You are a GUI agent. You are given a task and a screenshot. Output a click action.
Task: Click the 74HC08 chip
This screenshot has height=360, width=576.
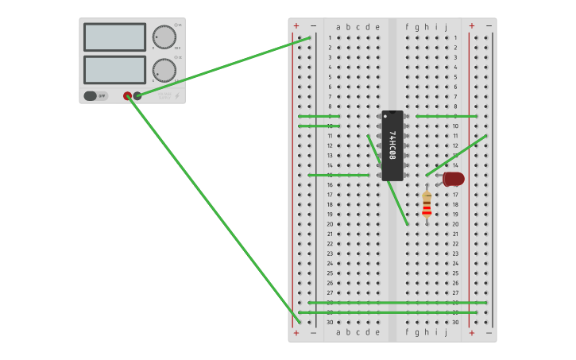pyautogui.click(x=392, y=145)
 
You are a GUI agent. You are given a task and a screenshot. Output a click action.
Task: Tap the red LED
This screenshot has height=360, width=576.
pyautogui.click(x=453, y=179)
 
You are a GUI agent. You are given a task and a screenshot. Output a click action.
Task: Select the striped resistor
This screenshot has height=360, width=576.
pyautogui.click(x=427, y=205)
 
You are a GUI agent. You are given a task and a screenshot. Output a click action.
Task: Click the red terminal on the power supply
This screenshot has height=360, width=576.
pyautogui.click(x=127, y=96)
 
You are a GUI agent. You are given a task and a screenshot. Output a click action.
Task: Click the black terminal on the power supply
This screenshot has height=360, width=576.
pyautogui.click(x=137, y=96)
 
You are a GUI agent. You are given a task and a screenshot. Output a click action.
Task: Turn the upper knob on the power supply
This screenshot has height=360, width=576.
pyautogui.click(x=164, y=37)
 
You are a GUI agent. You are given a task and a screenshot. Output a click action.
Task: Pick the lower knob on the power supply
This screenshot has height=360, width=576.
pyautogui.click(x=164, y=71)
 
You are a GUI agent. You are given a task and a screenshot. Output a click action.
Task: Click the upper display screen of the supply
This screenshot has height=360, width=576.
pyautogui.click(x=114, y=37)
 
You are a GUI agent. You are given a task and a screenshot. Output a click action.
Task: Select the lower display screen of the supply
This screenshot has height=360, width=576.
pyautogui.click(x=114, y=69)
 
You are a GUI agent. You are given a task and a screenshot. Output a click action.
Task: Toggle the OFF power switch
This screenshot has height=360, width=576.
pyautogui.click(x=95, y=96)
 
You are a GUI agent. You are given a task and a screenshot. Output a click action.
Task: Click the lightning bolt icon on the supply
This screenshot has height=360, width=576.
pyautogui.click(x=176, y=96)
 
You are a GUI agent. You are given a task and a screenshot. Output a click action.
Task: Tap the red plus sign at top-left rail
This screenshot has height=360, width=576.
pyautogui.click(x=296, y=25)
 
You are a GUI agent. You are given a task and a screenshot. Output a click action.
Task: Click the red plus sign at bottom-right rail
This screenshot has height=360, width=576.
pyautogui.click(x=471, y=333)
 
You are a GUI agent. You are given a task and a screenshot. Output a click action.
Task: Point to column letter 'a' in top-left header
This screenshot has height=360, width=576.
pyautogui.click(x=338, y=27)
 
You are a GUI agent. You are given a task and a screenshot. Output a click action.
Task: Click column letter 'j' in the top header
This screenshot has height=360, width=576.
pyautogui.click(x=446, y=27)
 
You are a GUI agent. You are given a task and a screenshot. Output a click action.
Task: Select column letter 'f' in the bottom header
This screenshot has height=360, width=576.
pyautogui.click(x=407, y=332)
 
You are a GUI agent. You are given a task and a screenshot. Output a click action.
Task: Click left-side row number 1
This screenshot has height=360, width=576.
pyautogui.click(x=330, y=37)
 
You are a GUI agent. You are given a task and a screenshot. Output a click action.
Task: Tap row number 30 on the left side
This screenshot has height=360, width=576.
pyautogui.click(x=330, y=322)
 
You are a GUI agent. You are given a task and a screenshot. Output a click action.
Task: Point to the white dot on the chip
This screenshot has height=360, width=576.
pyautogui.click(x=387, y=117)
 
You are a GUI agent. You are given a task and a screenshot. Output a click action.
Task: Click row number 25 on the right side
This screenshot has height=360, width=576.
pyautogui.click(x=455, y=273)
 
